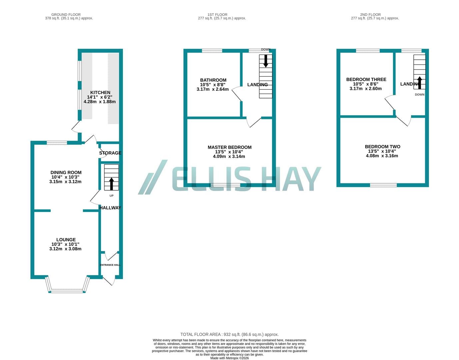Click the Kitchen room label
pos(100,93)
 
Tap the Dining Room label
pos(66,172)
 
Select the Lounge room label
pos(66,240)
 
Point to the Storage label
pos(110,153)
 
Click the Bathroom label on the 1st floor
pos(213,80)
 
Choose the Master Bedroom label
pos(230,147)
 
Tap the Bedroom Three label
pos(366,79)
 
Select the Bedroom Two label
pos(382,146)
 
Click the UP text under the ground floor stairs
pos(111,196)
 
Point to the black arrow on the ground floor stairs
pos(111,184)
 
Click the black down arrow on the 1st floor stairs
pos(266,61)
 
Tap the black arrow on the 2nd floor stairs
pos(419,83)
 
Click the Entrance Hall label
pos(110,265)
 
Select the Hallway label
pos(110,208)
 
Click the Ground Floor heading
pos(66,15)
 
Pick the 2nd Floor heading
pos(370,15)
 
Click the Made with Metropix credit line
pos(230,358)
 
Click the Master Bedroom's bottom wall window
pos(226,185)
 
